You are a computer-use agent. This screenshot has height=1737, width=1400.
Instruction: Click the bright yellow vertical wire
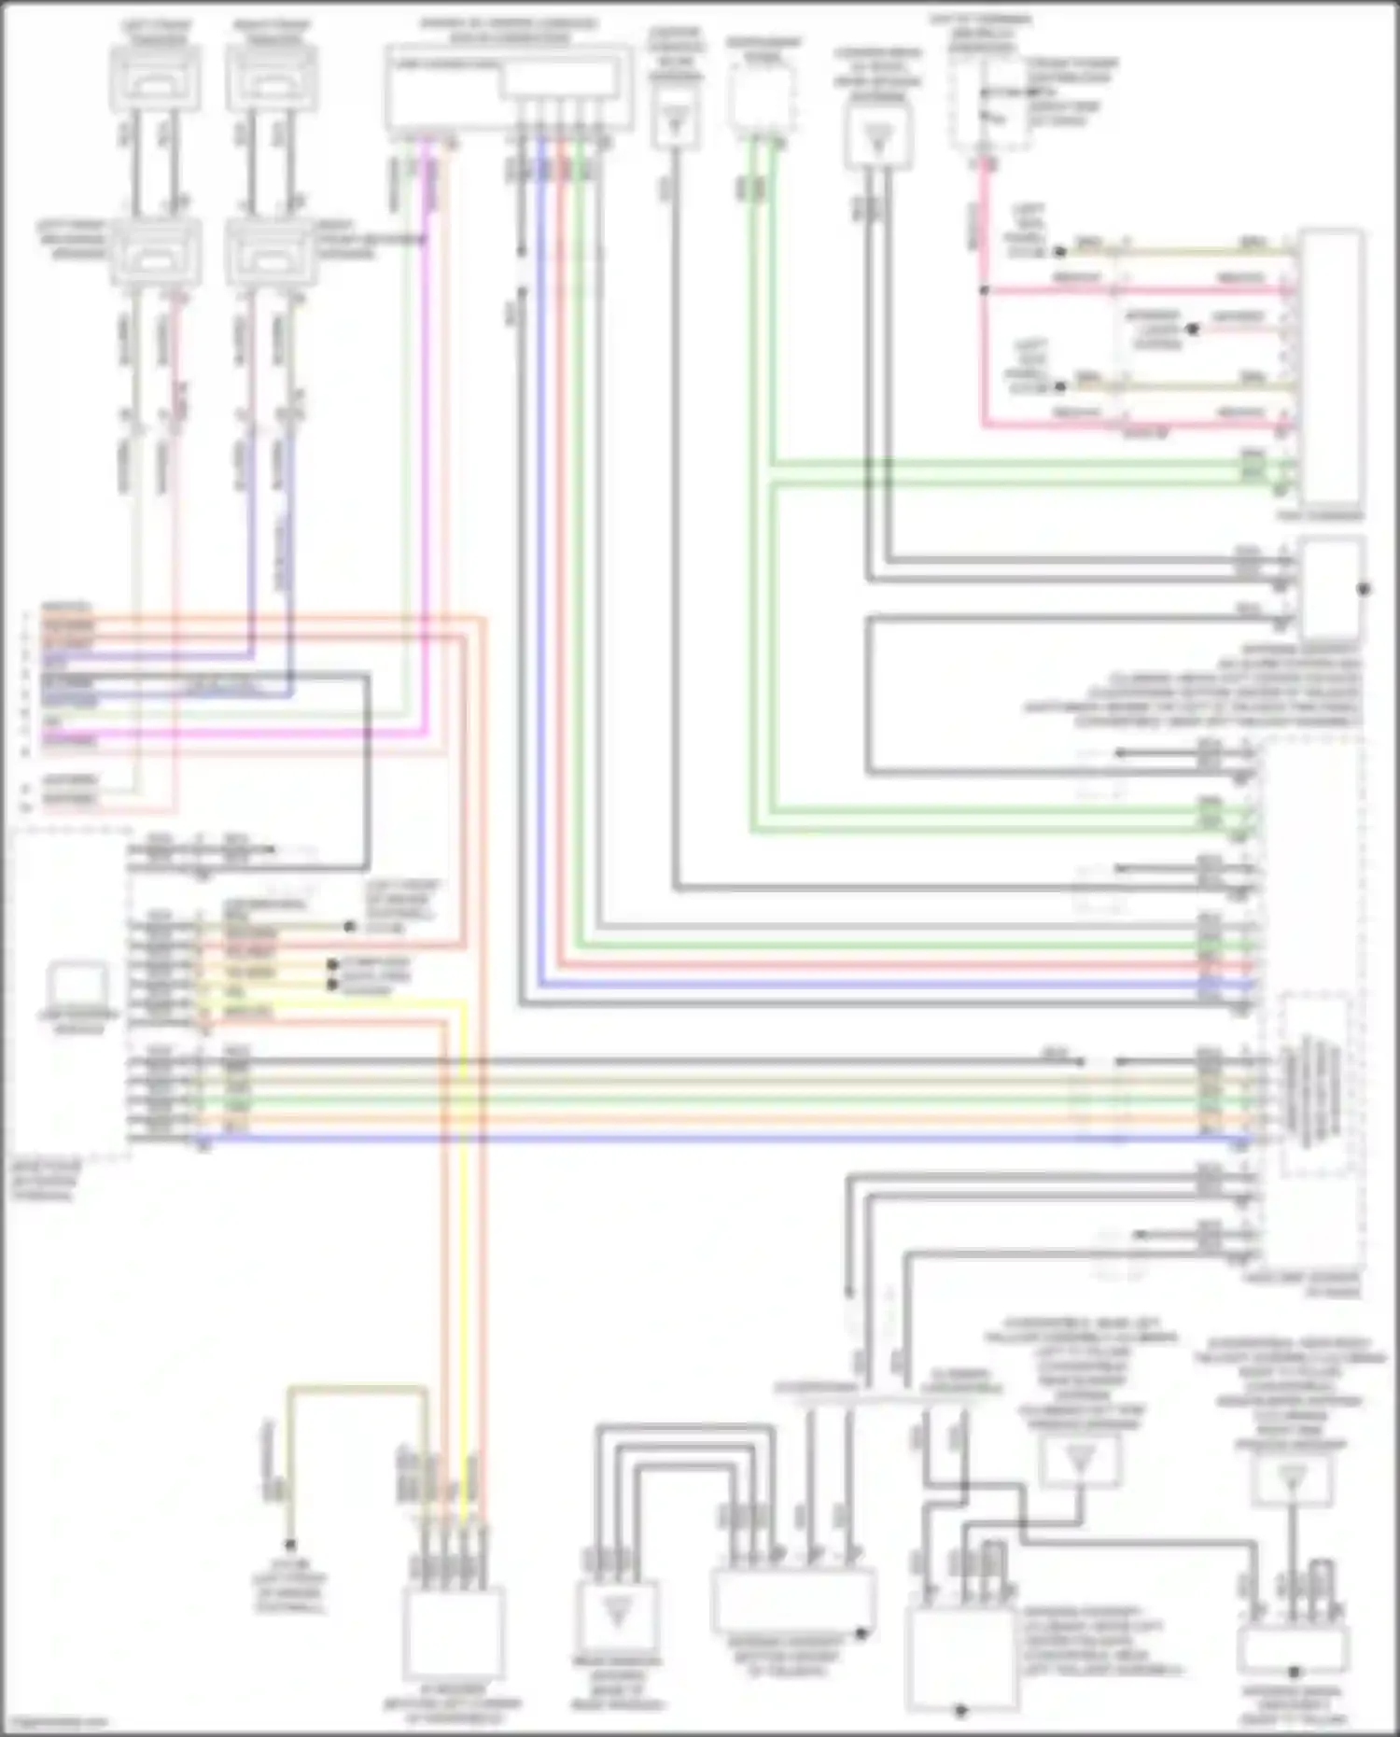[x=464, y=1213]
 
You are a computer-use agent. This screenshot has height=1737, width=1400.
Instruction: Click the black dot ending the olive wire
[x=290, y=1546]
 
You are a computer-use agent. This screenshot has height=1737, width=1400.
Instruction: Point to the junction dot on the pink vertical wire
[x=983, y=290]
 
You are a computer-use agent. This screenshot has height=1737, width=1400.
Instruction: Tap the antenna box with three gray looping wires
[x=616, y=1615]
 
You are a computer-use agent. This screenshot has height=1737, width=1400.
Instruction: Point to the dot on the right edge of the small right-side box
[x=1364, y=589]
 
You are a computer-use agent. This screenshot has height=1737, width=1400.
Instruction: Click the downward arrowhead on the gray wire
[x=849, y=1293]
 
